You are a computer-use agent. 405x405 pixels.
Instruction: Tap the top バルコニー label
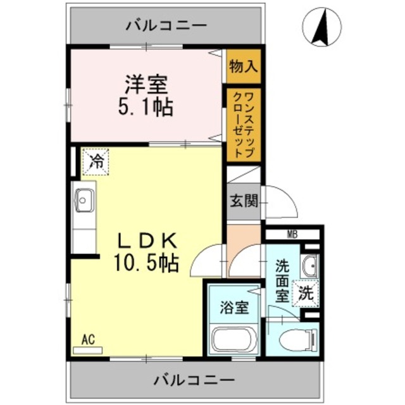(166, 26)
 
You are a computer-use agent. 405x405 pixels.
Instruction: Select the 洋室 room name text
(146, 83)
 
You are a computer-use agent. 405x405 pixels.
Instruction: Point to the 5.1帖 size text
(146, 106)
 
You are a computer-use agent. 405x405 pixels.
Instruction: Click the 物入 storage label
(242, 65)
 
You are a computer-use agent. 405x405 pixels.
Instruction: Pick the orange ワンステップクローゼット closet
(242, 124)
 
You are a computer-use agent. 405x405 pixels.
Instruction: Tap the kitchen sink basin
(83, 201)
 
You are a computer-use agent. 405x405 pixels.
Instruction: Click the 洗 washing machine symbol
(306, 293)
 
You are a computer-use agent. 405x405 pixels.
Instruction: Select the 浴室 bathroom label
(234, 308)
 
